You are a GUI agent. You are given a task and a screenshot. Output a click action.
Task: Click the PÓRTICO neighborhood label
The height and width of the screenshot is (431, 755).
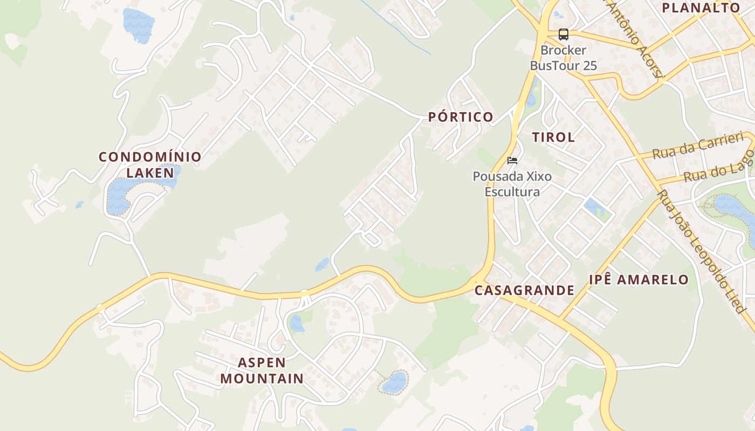pos(461,117)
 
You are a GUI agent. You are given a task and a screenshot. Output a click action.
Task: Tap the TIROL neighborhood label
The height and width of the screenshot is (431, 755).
pos(553,137)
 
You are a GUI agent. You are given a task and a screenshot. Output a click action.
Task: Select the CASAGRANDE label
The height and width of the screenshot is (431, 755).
pos(524,290)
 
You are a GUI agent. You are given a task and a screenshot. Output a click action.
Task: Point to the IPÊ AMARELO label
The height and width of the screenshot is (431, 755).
pos(639,280)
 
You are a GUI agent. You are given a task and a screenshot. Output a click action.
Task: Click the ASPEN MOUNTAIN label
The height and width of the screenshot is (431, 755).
pos(262,370)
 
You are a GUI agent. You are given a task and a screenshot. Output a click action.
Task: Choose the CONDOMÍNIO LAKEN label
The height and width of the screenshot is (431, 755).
pos(150,165)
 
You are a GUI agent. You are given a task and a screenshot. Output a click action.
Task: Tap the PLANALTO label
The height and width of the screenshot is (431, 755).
pos(701,8)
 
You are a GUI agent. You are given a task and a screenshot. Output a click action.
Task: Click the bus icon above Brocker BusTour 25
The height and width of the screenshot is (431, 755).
pos(563,34)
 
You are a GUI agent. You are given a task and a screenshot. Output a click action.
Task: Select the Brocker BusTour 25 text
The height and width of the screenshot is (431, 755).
pos(563,58)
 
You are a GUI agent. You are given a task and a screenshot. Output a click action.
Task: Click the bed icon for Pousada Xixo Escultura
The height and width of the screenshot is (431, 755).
pos(512,161)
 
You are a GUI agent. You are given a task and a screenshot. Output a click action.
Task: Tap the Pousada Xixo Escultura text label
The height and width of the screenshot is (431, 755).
pos(512,184)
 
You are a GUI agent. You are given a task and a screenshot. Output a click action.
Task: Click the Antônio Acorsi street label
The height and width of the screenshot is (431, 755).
pos(634,38)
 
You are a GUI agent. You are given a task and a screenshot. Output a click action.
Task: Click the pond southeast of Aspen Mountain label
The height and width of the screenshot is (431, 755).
pos(394,383)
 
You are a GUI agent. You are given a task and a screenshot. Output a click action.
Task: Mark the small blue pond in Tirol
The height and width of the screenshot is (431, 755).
pos(594,207)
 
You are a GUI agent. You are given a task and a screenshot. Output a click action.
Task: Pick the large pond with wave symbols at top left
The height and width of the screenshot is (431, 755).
pos(139,25)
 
